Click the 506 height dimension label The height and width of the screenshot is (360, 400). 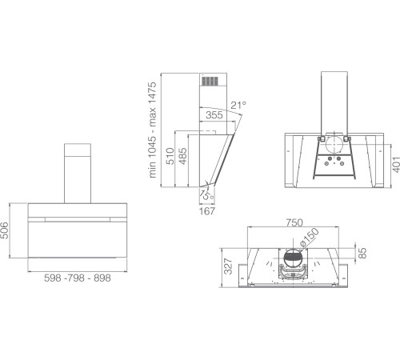click(5, 230)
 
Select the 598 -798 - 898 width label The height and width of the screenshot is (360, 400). click(78, 278)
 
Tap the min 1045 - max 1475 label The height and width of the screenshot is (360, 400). click(152, 130)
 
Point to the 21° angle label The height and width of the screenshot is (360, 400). click(238, 105)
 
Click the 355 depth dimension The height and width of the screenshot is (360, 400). click(214, 115)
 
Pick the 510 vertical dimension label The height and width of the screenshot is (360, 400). click(170, 156)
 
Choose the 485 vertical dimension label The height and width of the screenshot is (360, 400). click(182, 156)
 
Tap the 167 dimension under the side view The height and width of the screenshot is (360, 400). click(207, 211)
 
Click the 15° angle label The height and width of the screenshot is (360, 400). click(207, 195)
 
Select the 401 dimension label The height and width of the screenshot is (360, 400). click(396, 165)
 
